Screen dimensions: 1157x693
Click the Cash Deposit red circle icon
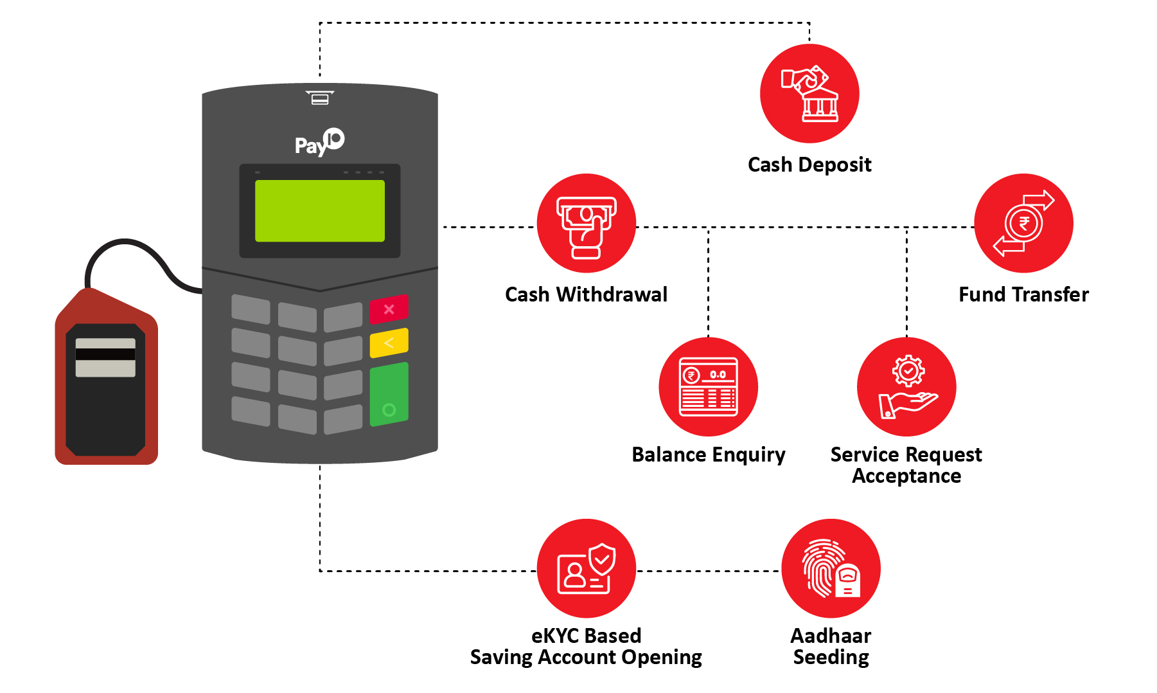tap(809, 93)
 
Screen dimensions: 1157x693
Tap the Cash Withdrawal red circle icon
tap(587, 223)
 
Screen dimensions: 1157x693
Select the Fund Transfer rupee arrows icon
tap(1023, 223)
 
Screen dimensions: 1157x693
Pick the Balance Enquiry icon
tap(709, 387)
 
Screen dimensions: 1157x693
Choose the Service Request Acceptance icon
tap(906, 387)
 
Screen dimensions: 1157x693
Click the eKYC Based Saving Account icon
tap(587, 568)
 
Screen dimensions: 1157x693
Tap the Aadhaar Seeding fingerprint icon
tap(831, 568)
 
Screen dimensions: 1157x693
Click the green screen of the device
tap(320, 211)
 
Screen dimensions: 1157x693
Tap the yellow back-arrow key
tap(389, 343)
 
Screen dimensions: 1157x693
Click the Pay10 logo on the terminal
tap(319, 143)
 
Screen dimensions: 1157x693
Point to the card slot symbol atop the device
tap(320, 98)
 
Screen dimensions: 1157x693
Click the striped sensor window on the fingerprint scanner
tap(105, 357)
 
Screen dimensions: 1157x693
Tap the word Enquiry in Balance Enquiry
tap(748, 455)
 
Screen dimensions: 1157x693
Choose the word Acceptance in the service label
tap(906, 476)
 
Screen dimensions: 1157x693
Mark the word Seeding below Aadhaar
tap(831, 658)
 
